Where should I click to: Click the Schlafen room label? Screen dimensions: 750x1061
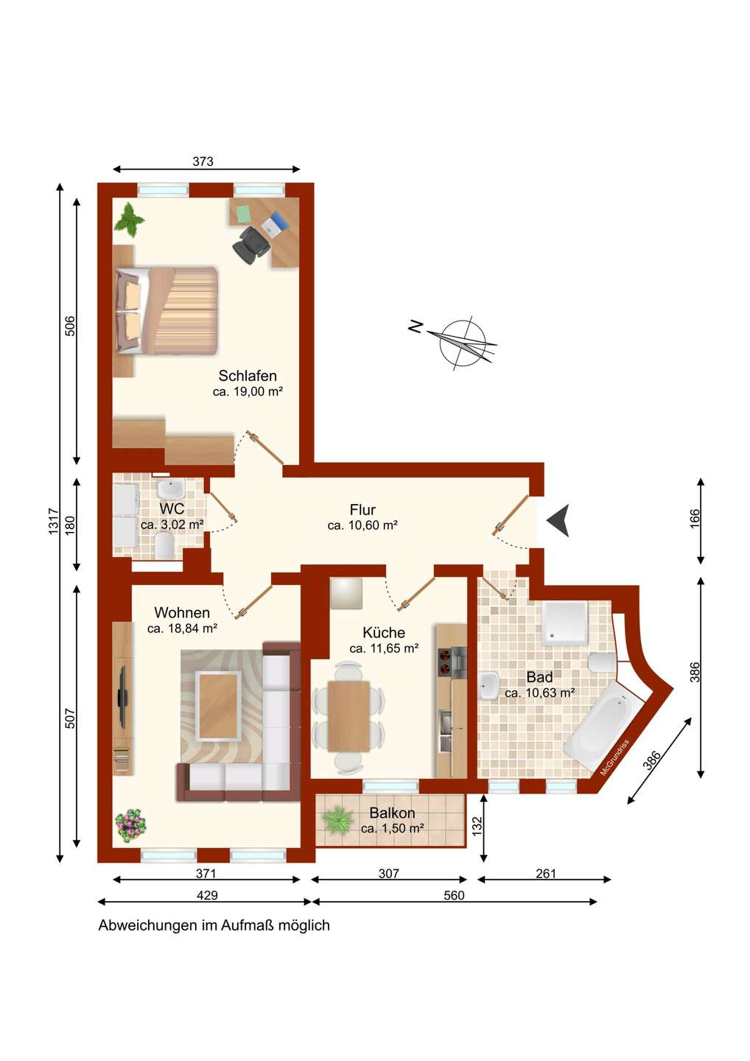(x=247, y=376)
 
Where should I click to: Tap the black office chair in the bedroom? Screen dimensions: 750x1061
(x=251, y=243)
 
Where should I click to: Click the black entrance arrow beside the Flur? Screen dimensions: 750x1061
(x=558, y=520)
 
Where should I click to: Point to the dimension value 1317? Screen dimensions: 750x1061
(x=54, y=521)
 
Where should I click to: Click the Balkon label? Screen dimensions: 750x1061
(x=392, y=813)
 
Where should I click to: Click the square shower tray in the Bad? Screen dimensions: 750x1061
(x=565, y=623)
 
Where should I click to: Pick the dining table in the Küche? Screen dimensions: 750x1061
(x=348, y=715)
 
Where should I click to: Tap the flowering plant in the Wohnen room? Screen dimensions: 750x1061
(x=131, y=825)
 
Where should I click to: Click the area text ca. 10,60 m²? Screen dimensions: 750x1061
(x=362, y=525)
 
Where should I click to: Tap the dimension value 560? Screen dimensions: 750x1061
(x=454, y=895)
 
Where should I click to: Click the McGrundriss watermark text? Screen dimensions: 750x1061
(x=614, y=757)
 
